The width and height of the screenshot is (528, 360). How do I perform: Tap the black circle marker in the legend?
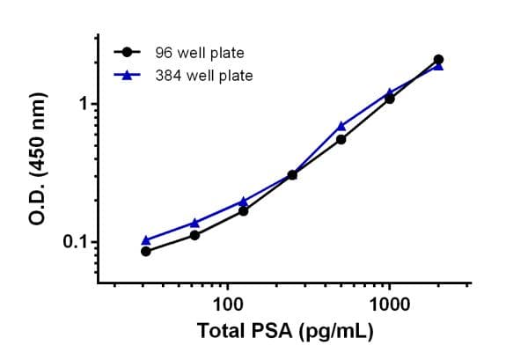tap(128, 53)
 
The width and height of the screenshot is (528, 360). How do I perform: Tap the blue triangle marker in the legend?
tap(128, 76)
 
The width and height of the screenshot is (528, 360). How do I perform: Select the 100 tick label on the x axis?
tap(228, 305)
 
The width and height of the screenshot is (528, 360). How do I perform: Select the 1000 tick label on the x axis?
tap(389, 305)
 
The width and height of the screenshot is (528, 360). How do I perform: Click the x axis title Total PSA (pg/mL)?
tap(285, 332)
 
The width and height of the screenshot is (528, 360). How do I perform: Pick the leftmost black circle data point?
tap(146, 251)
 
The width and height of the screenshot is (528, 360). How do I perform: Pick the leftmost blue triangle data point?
tap(146, 239)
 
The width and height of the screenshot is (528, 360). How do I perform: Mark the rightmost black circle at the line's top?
tap(438, 60)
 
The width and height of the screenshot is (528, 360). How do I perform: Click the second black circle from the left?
tap(194, 235)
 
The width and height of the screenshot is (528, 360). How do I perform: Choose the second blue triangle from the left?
tap(194, 223)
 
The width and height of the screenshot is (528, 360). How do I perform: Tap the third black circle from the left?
tap(243, 210)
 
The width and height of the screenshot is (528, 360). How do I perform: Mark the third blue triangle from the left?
tap(243, 201)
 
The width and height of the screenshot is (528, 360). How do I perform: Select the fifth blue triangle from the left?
tap(341, 126)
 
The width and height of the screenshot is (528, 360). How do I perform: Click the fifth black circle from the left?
tap(341, 139)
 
